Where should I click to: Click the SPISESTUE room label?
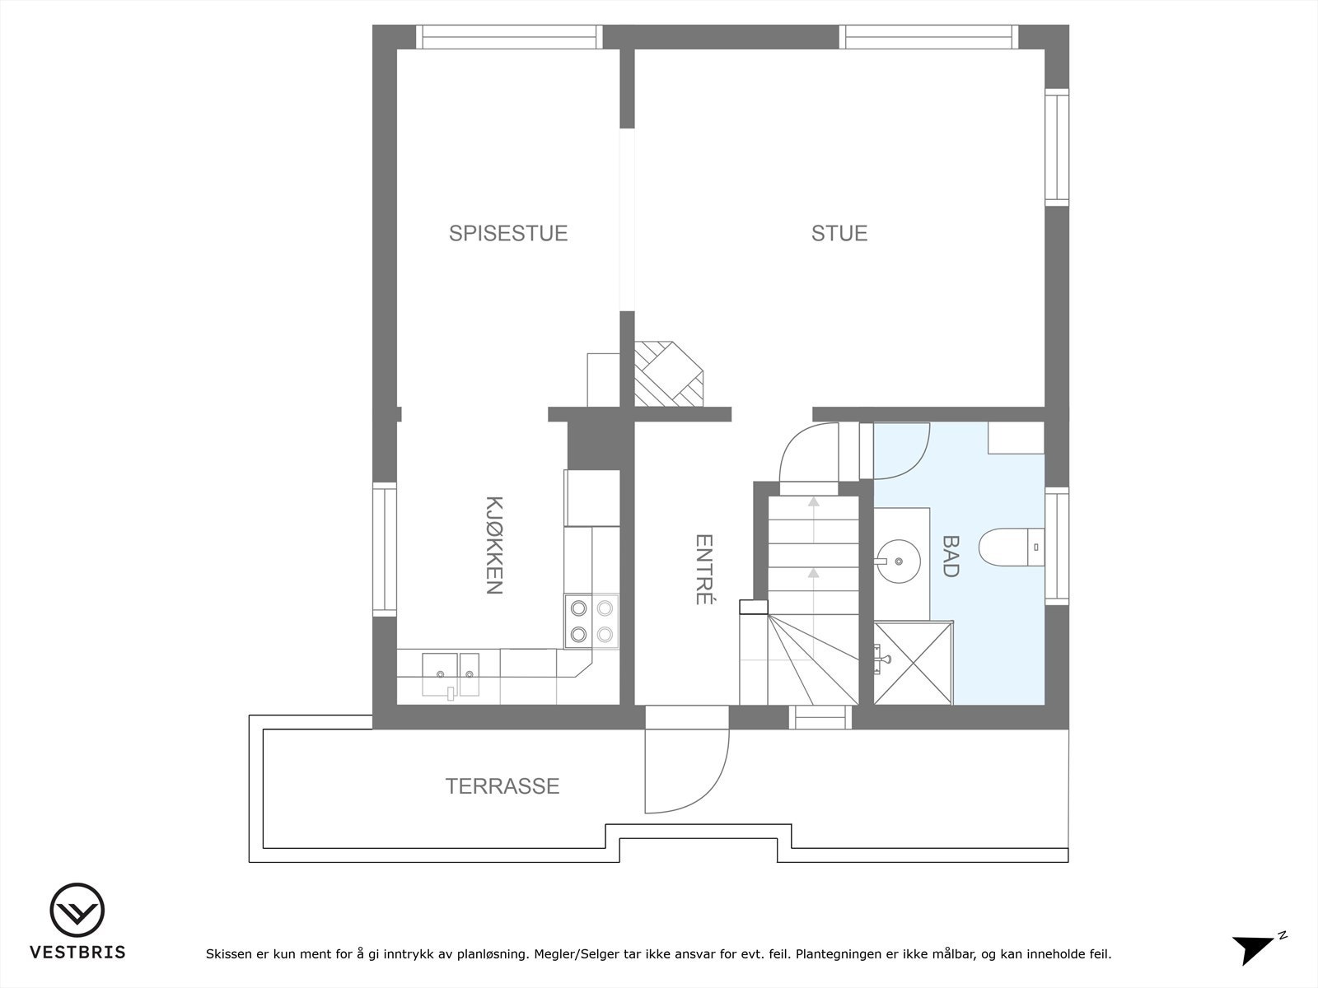pos(508,233)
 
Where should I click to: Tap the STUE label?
pos(839,233)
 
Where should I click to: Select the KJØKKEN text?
pos(494,545)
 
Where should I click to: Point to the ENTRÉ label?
pos(703,569)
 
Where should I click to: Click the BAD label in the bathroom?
pos(951,556)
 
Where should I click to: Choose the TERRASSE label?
pos(502,785)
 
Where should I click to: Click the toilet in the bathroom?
pos(1012,547)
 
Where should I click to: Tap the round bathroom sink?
pos(898,561)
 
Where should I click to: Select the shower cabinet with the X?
pos(914,663)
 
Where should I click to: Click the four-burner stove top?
pos(591,621)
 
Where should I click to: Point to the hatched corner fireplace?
pos(668,374)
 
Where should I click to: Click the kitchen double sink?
pos(451,675)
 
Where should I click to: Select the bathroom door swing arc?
pos(918,462)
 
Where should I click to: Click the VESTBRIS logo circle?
pos(77,910)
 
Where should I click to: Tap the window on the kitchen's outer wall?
pos(385,549)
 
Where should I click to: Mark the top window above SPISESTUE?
pos(508,36)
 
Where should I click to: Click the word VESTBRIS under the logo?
pos(77,952)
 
